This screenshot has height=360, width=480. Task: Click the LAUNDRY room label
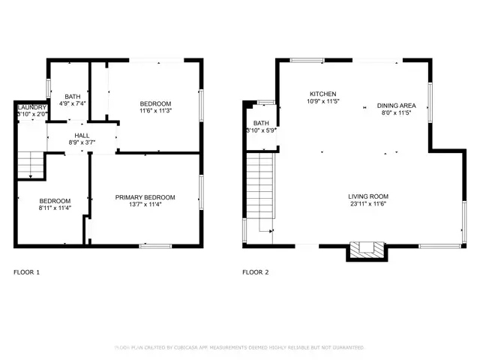coord(30,107)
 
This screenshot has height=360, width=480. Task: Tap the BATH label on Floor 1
coord(73,96)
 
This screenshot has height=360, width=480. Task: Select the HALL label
coord(82,135)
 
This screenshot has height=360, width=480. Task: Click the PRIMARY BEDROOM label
coord(145,197)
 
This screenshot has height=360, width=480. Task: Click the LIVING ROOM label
coord(367,196)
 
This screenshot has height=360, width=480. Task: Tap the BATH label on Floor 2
coord(261,123)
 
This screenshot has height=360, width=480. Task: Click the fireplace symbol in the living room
coord(367,250)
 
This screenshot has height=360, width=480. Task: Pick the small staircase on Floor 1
coord(29,163)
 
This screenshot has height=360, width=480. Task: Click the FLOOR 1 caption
coord(27,272)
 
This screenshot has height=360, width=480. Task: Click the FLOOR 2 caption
coord(256,272)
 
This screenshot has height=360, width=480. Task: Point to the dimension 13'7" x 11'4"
coord(145,205)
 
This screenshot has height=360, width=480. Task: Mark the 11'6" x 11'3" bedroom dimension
coord(156,111)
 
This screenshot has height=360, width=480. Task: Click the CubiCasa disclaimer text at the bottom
coord(239,348)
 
